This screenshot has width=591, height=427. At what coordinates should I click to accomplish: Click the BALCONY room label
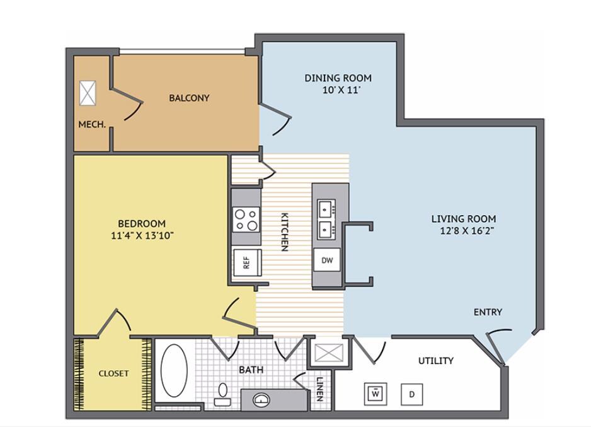(x=189, y=98)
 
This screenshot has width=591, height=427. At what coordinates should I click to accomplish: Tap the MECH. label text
(x=91, y=124)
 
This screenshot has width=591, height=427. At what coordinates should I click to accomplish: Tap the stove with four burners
(x=246, y=219)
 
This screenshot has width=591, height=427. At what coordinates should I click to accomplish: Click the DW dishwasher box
(x=326, y=259)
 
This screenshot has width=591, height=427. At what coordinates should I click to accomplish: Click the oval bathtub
(x=175, y=370)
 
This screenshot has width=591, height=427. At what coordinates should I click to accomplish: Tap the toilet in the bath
(x=222, y=394)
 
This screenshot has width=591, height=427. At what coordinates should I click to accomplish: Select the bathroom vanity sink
(x=261, y=399)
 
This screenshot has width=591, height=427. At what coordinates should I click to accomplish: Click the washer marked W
(x=376, y=394)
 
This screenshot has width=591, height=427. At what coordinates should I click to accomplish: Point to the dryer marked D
(x=412, y=394)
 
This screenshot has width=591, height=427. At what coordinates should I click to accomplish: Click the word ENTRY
(x=488, y=312)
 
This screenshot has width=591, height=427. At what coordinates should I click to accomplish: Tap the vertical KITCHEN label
(x=284, y=231)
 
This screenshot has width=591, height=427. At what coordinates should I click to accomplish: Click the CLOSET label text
(x=113, y=373)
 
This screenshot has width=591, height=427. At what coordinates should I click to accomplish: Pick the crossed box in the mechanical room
(x=88, y=93)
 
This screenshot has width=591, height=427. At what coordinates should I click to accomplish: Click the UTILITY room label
(x=436, y=361)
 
